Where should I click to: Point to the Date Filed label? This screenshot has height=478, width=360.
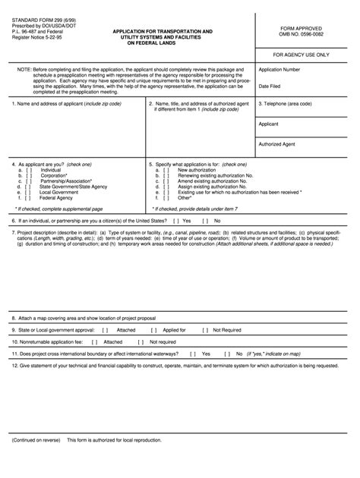[x=270, y=86]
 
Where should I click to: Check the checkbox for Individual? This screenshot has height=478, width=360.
[x=27, y=170]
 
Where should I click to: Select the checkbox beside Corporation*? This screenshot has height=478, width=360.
[x=27, y=175]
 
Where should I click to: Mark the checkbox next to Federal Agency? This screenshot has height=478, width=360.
[x=27, y=197]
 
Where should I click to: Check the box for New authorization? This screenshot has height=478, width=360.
[x=164, y=170]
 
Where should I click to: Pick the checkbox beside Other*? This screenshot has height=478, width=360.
[x=164, y=197]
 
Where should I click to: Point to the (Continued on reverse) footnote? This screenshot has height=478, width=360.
[x=36, y=461]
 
